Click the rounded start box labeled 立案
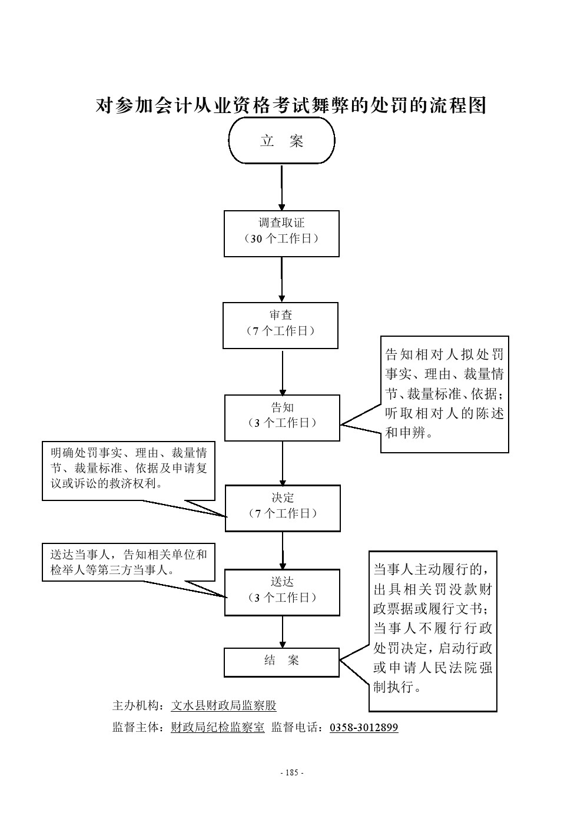point(281,141)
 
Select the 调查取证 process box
point(281,234)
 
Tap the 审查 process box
point(280,326)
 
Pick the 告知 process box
point(282,417)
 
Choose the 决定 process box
point(282,508)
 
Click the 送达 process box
point(282,592)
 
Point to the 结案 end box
point(281,662)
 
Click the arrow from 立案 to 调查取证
point(281,187)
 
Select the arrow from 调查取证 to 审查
point(281,280)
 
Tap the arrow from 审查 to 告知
point(283,372)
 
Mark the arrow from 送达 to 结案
point(283,632)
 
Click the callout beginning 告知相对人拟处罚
point(444,394)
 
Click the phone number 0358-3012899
point(364,728)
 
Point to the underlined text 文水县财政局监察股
point(224,705)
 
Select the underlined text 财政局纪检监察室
point(218,728)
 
